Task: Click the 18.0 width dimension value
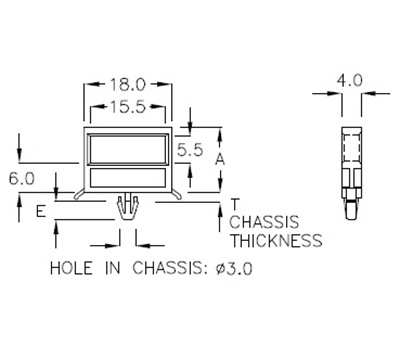coord(128,87)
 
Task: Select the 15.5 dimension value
coord(128,105)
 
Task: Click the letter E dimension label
coord(40,212)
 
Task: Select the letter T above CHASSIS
coord(234,203)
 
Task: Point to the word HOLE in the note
coord(69,268)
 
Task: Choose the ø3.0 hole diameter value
coord(241,268)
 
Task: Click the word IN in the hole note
coord(114,268)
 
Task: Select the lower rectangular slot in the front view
coord(128,178)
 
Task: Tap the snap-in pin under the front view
coord(127,210)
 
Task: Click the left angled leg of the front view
coord(80,190)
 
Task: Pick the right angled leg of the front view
coord(176,190)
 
